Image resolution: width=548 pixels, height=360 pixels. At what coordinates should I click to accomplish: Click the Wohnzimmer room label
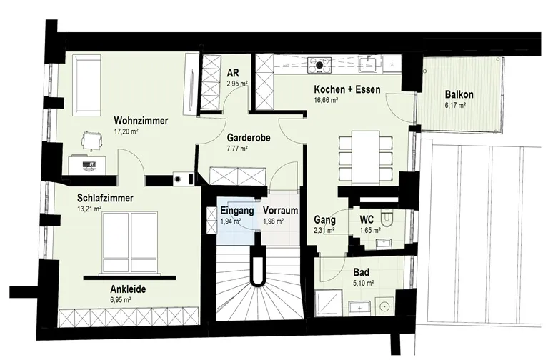[141, 121]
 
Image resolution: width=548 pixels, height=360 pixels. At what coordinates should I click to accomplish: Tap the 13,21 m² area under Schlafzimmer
[89, 209]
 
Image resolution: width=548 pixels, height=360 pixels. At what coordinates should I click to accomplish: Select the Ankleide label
[128, 289]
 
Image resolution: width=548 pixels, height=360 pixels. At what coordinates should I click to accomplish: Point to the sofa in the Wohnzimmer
[86, 85]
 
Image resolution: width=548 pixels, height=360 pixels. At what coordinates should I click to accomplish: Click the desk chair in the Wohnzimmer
[92, 140]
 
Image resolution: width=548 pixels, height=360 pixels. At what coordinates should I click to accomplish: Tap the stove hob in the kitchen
[319, 65]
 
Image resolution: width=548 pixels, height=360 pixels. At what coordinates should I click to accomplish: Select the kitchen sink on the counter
[368, 65]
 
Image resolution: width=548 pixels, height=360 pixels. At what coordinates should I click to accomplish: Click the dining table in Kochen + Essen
[366, 157]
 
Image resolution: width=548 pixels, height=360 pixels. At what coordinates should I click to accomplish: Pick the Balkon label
[459, 94]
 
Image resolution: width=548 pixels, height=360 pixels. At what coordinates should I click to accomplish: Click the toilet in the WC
[387, 217]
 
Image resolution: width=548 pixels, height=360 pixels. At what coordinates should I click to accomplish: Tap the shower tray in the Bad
[328, 303]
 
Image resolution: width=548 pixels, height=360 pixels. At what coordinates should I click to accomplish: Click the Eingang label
[237, 211]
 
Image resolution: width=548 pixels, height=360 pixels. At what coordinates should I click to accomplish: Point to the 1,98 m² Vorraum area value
[273, 221]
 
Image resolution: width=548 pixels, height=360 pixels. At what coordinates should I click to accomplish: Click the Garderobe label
[249, 138]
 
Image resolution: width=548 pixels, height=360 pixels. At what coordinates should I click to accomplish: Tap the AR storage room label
[233, 73]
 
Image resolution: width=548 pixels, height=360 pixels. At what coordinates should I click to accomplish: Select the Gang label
[324, 220]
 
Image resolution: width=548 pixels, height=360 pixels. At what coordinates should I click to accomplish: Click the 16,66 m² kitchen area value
[326, 100]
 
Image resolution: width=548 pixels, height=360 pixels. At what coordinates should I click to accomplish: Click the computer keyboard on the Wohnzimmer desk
[89, 164]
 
